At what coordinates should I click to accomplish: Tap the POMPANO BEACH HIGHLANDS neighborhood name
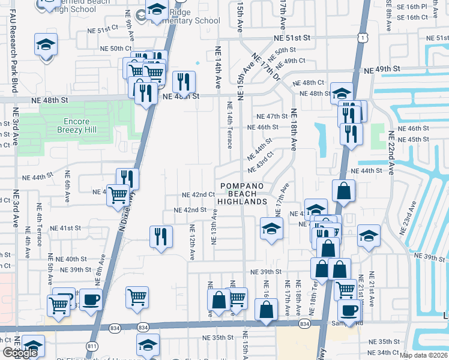241,194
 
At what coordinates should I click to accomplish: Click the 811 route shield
92,346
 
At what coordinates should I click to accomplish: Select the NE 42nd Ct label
199,195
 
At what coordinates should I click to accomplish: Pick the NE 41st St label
65,229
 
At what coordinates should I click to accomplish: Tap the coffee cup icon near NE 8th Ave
91,299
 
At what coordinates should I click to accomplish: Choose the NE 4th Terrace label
40,235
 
